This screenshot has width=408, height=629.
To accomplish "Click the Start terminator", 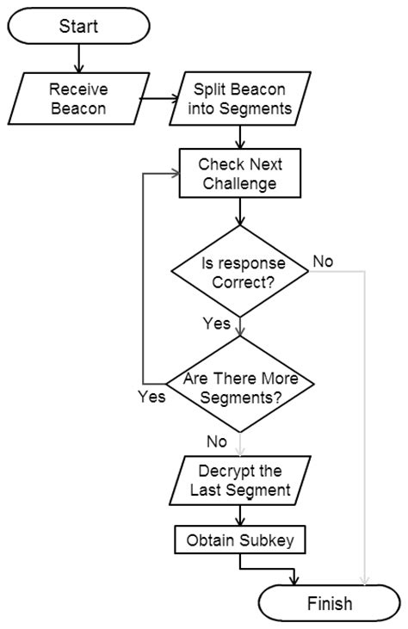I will click(x=78, y=25).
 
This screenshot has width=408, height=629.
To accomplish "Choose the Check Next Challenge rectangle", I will click(x=238, y=173).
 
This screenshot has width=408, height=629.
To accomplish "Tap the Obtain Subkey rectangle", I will click(x=239, y=540).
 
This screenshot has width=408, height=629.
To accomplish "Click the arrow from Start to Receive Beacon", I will click(x=78, y=58).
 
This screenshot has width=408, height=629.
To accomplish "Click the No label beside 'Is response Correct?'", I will click(x=323, y=261).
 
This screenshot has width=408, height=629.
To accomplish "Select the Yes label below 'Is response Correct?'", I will click(x=218, y=324).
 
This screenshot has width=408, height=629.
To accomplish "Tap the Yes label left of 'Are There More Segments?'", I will click(x=151, y=398).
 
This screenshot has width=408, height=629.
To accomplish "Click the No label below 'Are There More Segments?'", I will click(x=217, y=441).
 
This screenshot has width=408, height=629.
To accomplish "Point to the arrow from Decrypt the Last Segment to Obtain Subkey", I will click(x=239, y=515).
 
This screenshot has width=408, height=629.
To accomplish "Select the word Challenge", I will click(x=238, y=182).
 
